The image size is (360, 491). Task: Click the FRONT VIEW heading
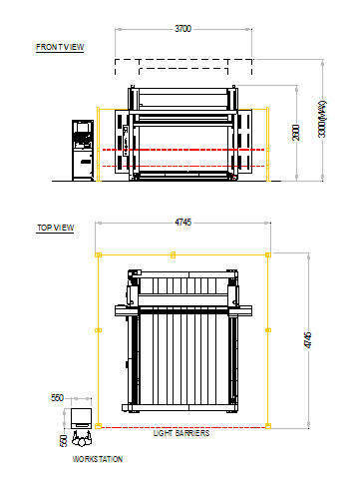(x=60, y=47)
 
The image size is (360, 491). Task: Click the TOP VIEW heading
(x=55, y=228)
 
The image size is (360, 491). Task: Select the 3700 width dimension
(x=182, y=29)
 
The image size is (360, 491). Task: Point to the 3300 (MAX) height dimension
(x=322, y=119)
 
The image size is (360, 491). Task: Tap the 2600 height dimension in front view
(x=296, y=133)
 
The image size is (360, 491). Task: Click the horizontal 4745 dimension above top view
(x=182, y=222)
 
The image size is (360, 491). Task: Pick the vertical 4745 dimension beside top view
(x=308, y=340)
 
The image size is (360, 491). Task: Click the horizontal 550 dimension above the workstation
(x=57, y=397)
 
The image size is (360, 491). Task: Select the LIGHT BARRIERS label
(x=181, y=433)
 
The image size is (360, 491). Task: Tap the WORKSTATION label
(x=98, y=459)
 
